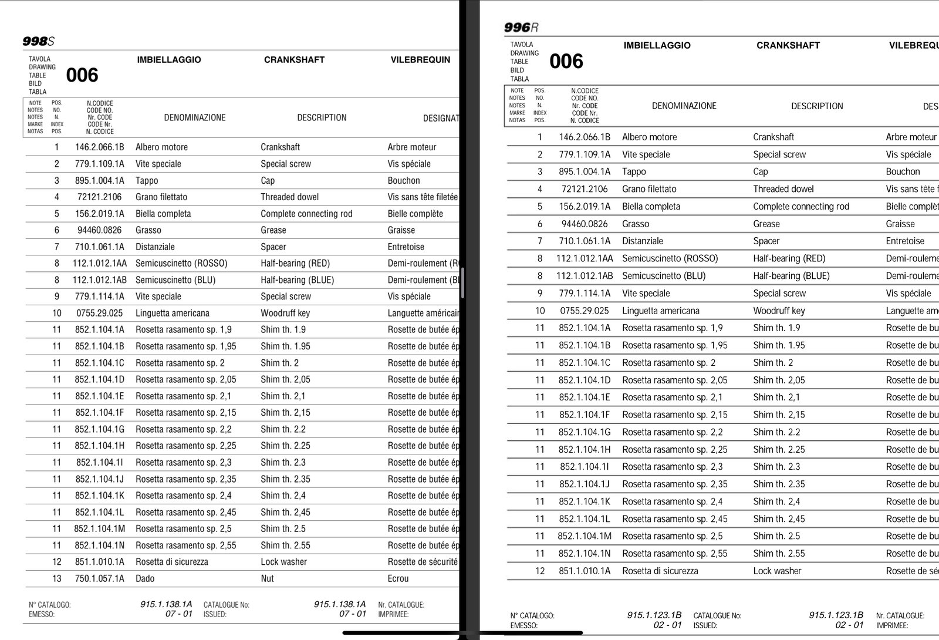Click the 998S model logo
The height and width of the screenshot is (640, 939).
(38, 41)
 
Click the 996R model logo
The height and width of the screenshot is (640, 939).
(521, 28)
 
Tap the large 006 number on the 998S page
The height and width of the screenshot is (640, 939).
(82, 75)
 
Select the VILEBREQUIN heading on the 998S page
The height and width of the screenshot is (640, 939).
(420, 59)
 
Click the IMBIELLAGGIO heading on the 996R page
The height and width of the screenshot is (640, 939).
(657, 45)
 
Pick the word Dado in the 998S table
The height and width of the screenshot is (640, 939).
(145, 578)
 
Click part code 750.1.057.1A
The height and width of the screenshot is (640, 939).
(99, 578)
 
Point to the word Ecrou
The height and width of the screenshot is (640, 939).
(398, 578)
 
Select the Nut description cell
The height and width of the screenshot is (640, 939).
(267, 578)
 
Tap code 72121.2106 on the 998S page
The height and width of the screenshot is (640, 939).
(99, 197)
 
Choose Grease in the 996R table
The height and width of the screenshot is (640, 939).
(766, 224)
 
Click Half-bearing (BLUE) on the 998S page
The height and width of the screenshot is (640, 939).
(297, 280)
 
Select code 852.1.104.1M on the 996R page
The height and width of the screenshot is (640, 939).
(584, 536)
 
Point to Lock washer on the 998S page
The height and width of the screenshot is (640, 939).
(283, 562)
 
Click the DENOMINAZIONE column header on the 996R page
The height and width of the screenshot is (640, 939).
(684, 106)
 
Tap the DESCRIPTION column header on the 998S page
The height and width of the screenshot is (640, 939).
(322, 117)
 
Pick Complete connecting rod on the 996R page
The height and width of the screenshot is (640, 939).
(801, 206)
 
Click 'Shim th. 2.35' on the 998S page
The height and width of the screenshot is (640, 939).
(285, 479)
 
